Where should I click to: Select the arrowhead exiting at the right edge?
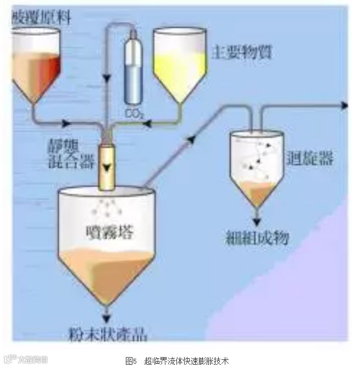345,105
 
